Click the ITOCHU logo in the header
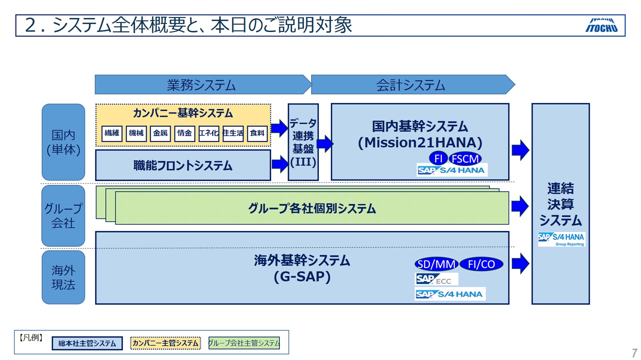coord(601,26)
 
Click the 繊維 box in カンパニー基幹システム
coord(112,133)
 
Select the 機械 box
coord(136,133)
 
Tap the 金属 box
coord(160,133)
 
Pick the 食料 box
coord(257,133)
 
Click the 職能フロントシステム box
coord(183,165)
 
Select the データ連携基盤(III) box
coord(303,142)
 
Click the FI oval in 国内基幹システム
coord(438,158)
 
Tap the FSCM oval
coord(465,159)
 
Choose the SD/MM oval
coord(436,264)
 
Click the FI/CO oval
coord(481,264)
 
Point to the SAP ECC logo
coord(436,279)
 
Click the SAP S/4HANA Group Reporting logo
coord(561,239)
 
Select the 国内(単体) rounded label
coord(63,142)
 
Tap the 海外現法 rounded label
coord(63,277)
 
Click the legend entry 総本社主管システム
coord(87,343)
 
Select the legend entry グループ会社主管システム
coord(244,343)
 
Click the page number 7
coord(634,353)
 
